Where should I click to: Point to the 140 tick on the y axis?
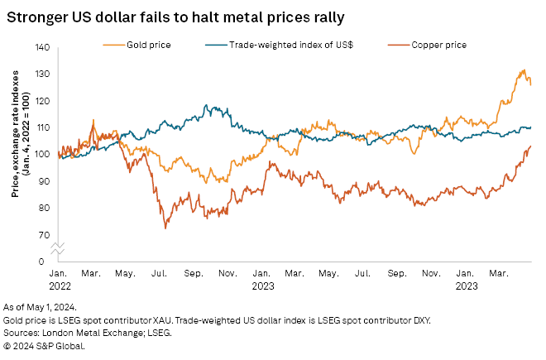pos(42,48)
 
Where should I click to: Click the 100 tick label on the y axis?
pos(42,154)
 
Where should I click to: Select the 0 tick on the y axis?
pos(47,261)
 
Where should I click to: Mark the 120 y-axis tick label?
pos(42,101)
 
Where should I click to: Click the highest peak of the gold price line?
pos(524,70)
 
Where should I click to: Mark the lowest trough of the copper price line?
pos(167,228)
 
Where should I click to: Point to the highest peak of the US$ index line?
pos(205,105)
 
